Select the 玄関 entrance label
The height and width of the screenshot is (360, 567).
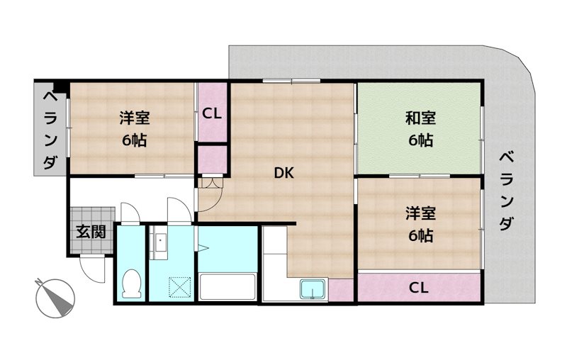(91, 231)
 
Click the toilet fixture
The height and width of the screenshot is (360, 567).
(131, 283)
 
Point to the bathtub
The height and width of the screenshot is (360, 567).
(228, 288)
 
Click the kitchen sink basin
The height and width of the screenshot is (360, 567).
(313, 290)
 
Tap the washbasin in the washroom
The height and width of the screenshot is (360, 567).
(159, 242)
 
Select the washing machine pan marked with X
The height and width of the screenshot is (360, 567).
(170, 288)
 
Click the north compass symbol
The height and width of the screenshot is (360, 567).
(55, 298)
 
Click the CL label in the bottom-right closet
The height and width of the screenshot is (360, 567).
(419, 288)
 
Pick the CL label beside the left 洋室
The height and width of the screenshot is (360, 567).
(212, 113)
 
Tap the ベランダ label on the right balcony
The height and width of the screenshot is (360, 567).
(505, 190)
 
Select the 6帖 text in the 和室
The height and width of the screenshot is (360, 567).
(420, 140)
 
